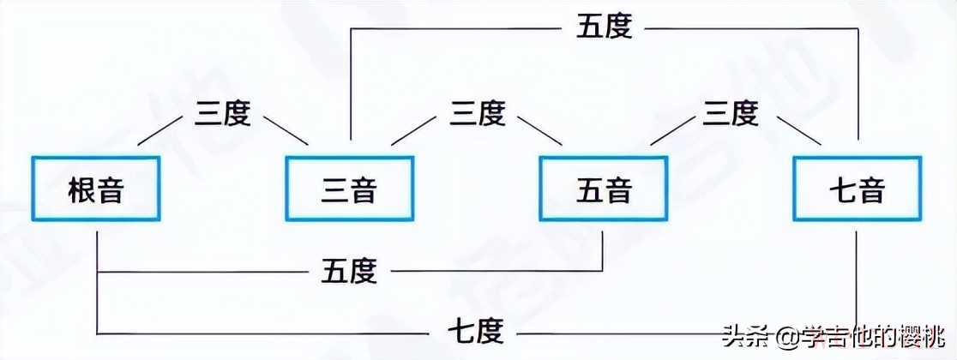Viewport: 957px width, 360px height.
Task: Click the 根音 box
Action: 96,189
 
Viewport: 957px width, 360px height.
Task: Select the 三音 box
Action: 349,189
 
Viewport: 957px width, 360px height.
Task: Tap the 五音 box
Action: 603,189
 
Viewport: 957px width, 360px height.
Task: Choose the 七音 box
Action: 858,189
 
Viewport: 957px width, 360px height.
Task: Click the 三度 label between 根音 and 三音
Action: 223,114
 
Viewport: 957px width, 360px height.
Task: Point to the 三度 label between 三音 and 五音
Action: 477,114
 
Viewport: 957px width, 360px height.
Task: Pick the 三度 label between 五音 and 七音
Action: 731,114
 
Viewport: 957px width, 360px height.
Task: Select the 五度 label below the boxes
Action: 349,272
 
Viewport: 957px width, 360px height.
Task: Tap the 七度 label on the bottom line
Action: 476,329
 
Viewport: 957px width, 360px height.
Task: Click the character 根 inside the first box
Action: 81,189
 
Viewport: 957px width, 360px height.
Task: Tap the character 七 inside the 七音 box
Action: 843,189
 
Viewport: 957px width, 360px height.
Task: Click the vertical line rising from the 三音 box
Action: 349,86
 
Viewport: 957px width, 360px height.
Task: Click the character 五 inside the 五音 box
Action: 588,189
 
